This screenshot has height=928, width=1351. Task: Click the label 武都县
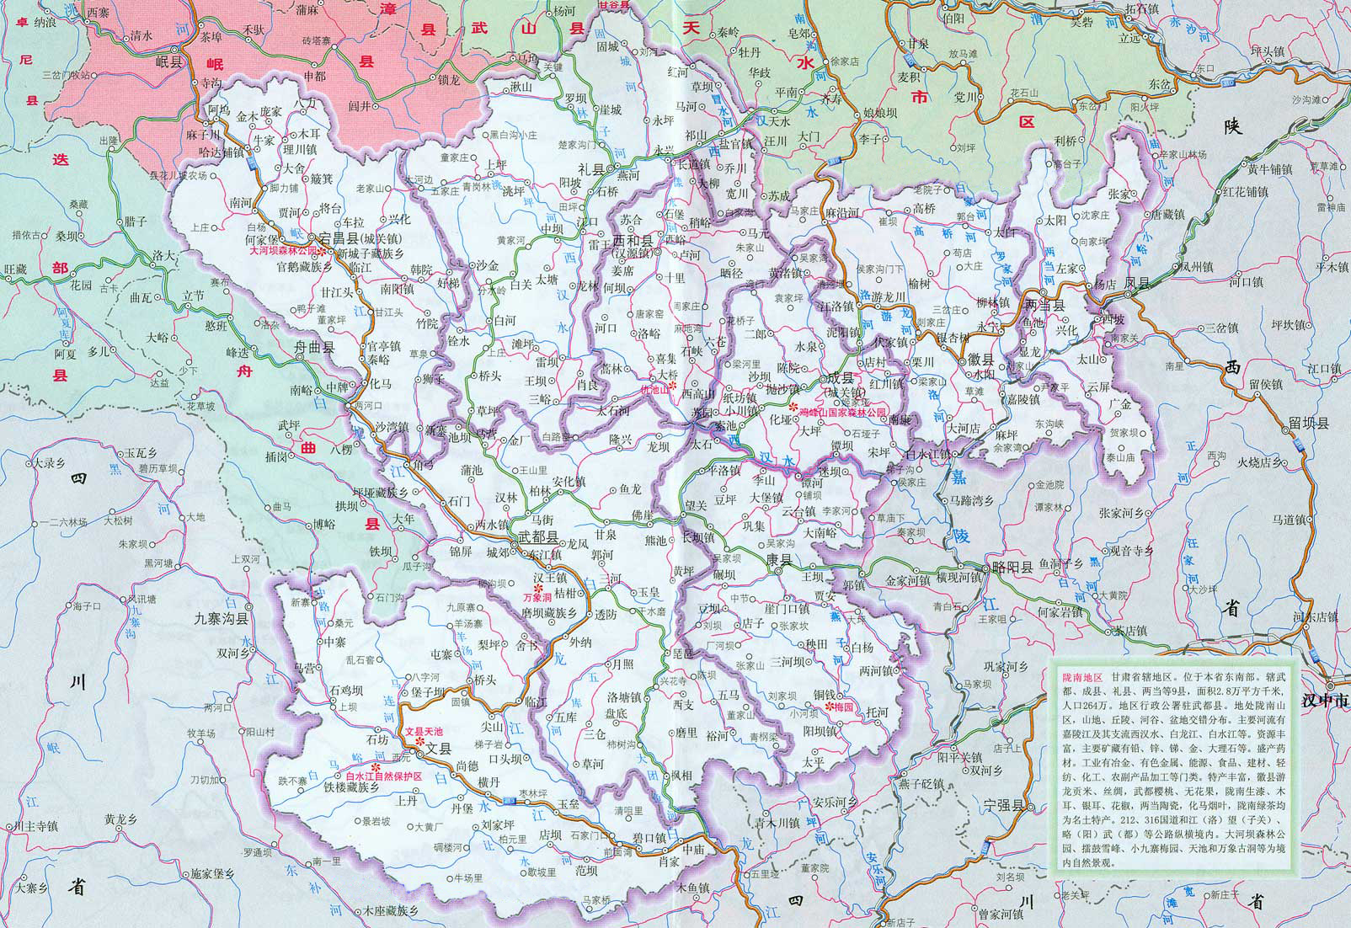coord(538,536)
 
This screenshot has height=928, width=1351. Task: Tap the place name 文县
coord(440,747)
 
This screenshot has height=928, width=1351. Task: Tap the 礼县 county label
coord(595,169)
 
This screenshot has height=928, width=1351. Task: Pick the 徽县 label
coord(980,360)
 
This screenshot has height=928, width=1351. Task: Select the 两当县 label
coord(1045,306)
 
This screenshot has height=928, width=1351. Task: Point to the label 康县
coord(779,560)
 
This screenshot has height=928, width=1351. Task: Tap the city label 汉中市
coord(1324,700)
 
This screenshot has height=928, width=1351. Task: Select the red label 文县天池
coord(424,732)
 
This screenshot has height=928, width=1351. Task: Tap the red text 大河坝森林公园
coord(280,251)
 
